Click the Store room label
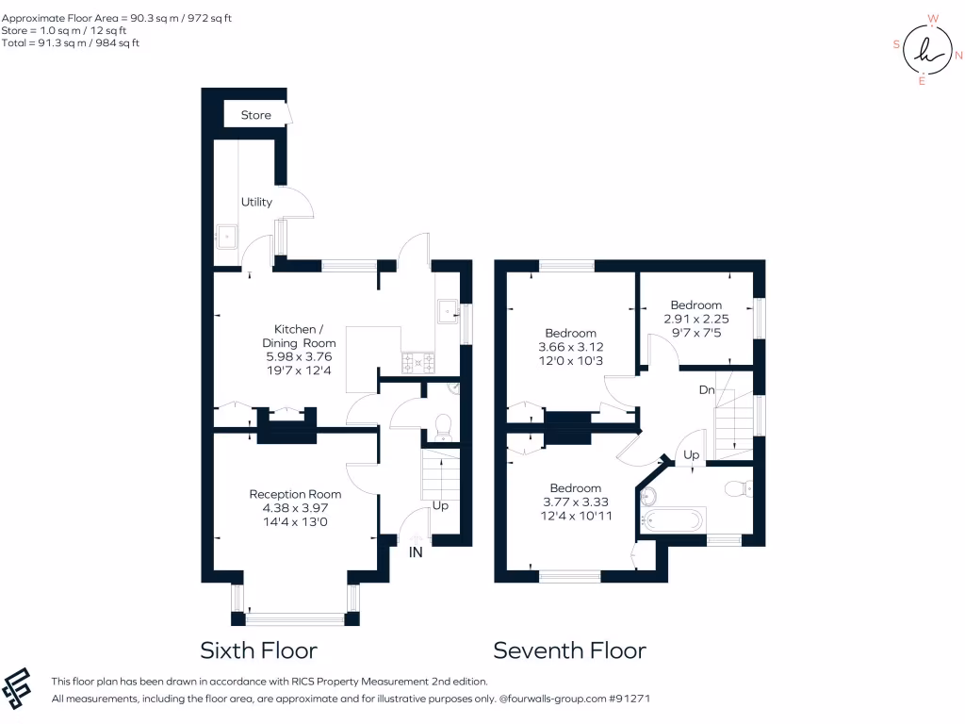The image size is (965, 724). [x=255, y=115]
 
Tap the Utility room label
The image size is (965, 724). [x=256, y=202]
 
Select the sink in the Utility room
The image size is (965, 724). [x=226, y=237]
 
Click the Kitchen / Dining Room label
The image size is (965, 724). [x=297, y=336]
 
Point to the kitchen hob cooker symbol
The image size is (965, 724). [x=417, y=360]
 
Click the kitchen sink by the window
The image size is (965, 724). [x=447, y=311]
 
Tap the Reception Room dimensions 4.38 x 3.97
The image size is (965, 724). [x=295, y=508]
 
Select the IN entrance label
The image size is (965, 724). [x=416, y=551]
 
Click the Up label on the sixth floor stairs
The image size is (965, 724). [x=439, y=505]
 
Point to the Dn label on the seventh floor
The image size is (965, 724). [x=707, y=389]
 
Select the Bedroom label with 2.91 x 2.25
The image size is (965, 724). [x=695, y=304]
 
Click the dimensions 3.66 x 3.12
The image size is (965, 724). [x=570, y=347]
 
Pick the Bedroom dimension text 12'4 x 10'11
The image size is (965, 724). [x=575, y=516]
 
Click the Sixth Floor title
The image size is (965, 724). [x=258, y=650]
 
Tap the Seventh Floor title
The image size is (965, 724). [x=569, y=650]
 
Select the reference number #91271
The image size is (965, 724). [x=630, y=699]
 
